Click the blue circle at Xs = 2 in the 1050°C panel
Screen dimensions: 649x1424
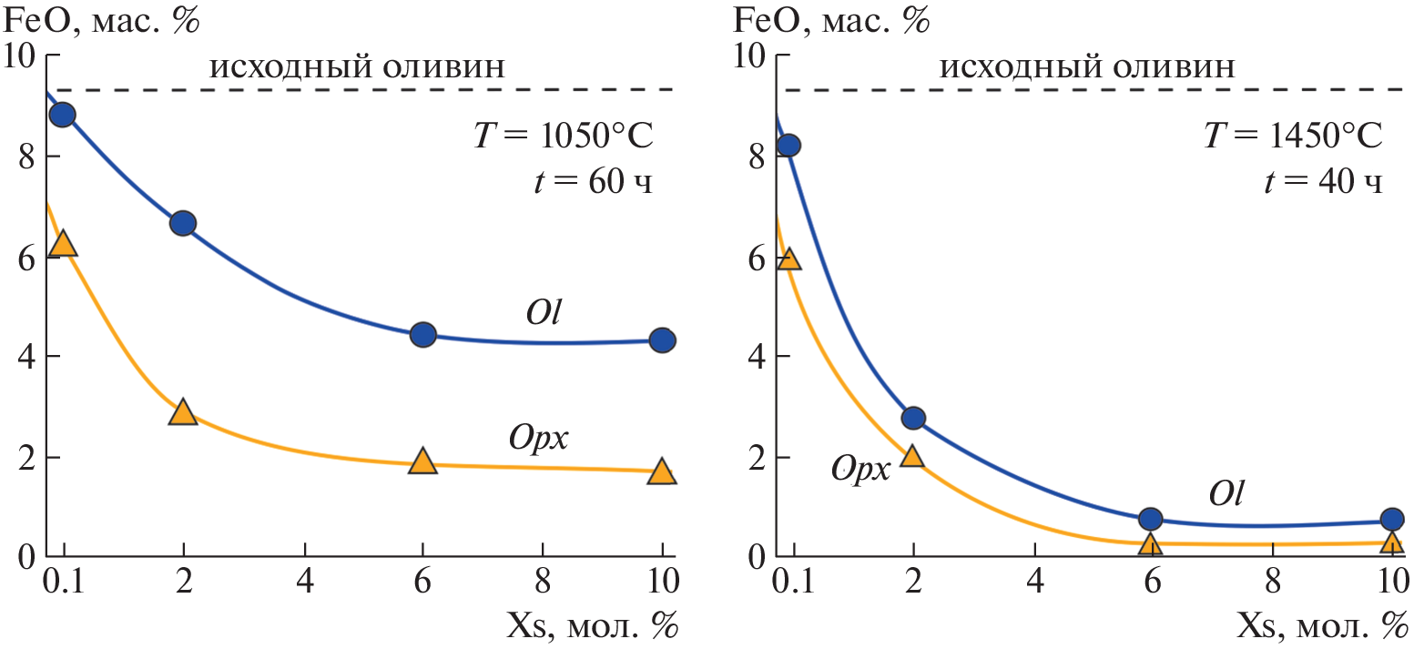(183, 223)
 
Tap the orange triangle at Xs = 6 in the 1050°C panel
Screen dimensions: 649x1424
(422, 461)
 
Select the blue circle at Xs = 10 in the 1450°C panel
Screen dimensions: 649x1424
(1391, 519)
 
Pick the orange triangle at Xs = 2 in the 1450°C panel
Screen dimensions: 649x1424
(912, 456)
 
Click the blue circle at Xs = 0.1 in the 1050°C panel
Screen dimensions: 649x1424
(62, 115)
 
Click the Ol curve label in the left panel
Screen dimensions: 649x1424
(544, 313)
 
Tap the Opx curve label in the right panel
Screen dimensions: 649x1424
(859, 468)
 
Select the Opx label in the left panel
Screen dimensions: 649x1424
(538, 439)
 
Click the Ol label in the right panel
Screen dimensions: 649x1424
(1226, 492)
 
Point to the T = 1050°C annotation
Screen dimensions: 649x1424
(564, 138)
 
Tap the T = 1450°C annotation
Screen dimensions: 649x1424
(1293, 138)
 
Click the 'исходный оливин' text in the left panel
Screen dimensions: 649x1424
(357, 67)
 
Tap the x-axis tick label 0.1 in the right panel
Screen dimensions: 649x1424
(790, 580)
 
